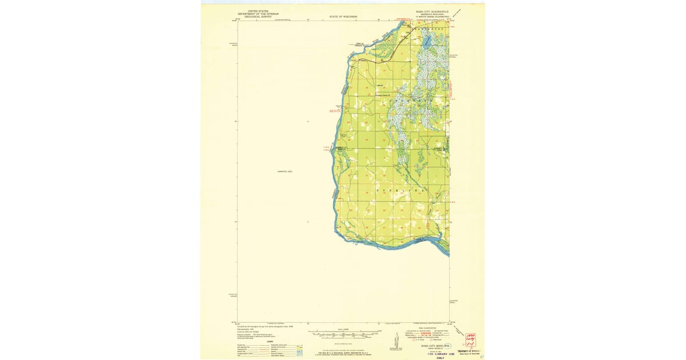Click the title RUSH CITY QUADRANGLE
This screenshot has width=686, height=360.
pyautogui.click(x=432, y=11)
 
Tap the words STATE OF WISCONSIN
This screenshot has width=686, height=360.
pyautogui.click(x=343, y=17)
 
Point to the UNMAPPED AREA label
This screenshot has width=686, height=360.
pyautogui.click(x=284, y=171)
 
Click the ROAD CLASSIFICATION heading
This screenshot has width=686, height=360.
pyautogui.click(x=426, y=328)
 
